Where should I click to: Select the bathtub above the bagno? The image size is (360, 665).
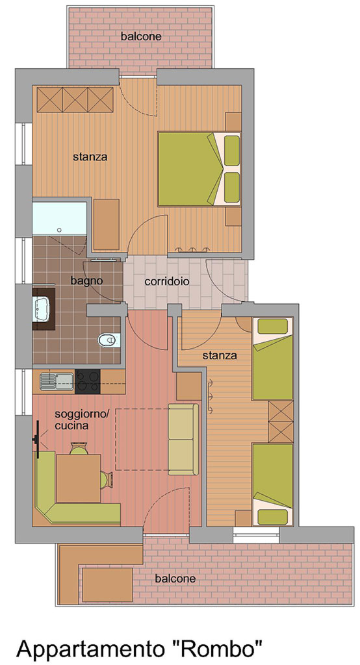(59, 218)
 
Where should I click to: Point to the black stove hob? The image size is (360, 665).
(88, 381)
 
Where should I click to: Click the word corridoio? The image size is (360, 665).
(167, 281)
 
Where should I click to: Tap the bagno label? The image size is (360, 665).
(86, 281)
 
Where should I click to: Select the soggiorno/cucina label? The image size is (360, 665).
(82, 420)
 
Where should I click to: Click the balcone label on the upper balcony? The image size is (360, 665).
(141, 36)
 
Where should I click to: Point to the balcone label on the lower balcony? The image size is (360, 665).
(175, 579)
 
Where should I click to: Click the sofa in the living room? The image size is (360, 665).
(183, 440)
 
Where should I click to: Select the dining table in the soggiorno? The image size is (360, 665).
(79, 478)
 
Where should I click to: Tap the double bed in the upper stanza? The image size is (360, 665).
(199, 169)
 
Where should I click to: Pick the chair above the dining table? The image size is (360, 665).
(79, 448)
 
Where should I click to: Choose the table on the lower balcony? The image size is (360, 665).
(107, 584)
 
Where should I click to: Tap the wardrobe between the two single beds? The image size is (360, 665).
(281, 421)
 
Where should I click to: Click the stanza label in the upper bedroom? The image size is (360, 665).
(90, 157)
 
